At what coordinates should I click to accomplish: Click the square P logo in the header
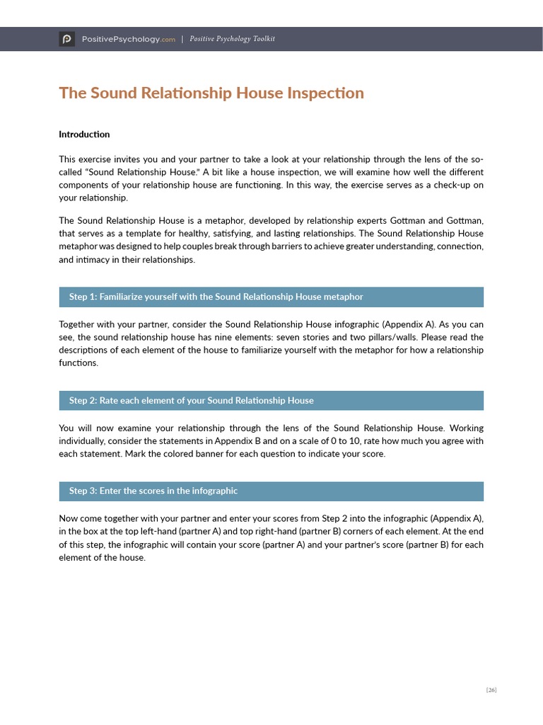coord(66,39)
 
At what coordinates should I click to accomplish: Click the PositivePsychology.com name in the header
coord(128,40)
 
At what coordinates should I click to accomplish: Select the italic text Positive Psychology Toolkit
coord(232,40)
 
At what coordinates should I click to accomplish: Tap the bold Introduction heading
coord(84,134)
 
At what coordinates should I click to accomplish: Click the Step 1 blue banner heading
coord(216,297)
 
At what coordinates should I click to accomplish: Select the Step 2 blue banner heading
coord(191,400)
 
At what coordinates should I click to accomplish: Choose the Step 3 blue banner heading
coord(153,491)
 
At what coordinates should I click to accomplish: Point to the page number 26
coord(491,690)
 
